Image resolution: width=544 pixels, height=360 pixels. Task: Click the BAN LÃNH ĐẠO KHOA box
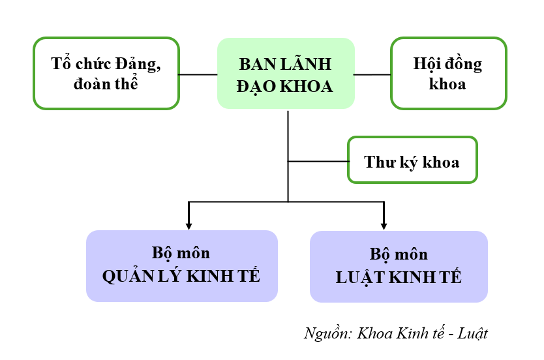click(x=286, y=73)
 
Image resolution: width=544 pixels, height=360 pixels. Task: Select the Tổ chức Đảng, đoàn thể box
click(x=106, y=73)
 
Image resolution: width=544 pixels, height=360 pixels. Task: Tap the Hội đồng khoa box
click(x=448, y=73)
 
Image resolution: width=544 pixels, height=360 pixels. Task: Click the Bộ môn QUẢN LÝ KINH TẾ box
click(x=181, y=265)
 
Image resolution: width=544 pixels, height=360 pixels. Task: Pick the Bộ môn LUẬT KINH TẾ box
click(x=399, y=266)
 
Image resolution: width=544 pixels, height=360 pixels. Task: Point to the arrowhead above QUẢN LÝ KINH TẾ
click(x=189, y=225)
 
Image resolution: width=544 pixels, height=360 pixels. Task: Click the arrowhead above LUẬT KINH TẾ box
click(x=384, y=225)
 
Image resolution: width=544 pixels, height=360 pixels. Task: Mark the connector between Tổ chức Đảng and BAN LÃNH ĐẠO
click(x=198, y=74)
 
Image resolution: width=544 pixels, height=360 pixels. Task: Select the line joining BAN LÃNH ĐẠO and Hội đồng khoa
click(x=372, y=74)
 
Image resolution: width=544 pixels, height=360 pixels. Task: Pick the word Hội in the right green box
click(x=427, y=65)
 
